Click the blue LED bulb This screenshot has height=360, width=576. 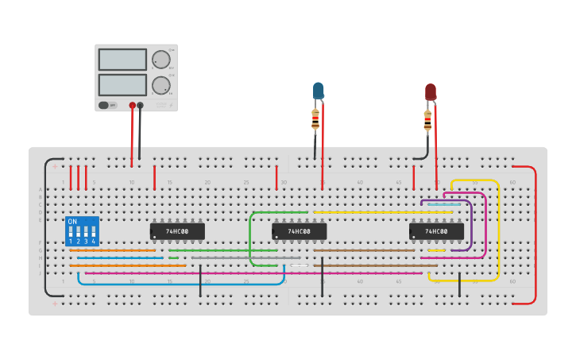(x=319, y=90)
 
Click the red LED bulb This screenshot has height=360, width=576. (x=431, y=91)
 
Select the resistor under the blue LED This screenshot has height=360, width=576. (x=315, y=120)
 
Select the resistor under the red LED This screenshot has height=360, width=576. (x=427, y=121)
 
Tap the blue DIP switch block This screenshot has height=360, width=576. (x=82, y=231)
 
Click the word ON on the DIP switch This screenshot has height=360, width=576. (x=72, y=221)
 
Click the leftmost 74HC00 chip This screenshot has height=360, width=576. (x=177, y=231)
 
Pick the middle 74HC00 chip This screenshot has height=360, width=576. (x=299, y=231)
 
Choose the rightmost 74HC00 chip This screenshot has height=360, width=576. (x=436, y=231)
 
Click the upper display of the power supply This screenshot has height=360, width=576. (x=122, y=60)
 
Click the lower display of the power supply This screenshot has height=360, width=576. (x=122, y=84)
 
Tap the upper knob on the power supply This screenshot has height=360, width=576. (x=161, y=60)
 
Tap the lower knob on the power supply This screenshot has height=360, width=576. (x=161, y=85)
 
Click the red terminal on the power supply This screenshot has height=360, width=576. (x=132, y=105)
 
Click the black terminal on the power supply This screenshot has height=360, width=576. (x=141, y=105)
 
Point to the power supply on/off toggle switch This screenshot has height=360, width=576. (x=104, y=105)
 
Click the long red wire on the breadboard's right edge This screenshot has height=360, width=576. (x=535, y=234)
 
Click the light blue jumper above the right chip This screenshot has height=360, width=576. (x=443, y=204)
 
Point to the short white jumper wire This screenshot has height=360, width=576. (x=300, y=265)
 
